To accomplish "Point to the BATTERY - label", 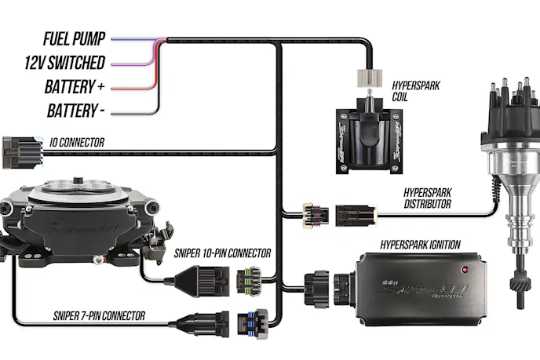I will (76, 110).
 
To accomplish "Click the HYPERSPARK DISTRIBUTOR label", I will (428, 197).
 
